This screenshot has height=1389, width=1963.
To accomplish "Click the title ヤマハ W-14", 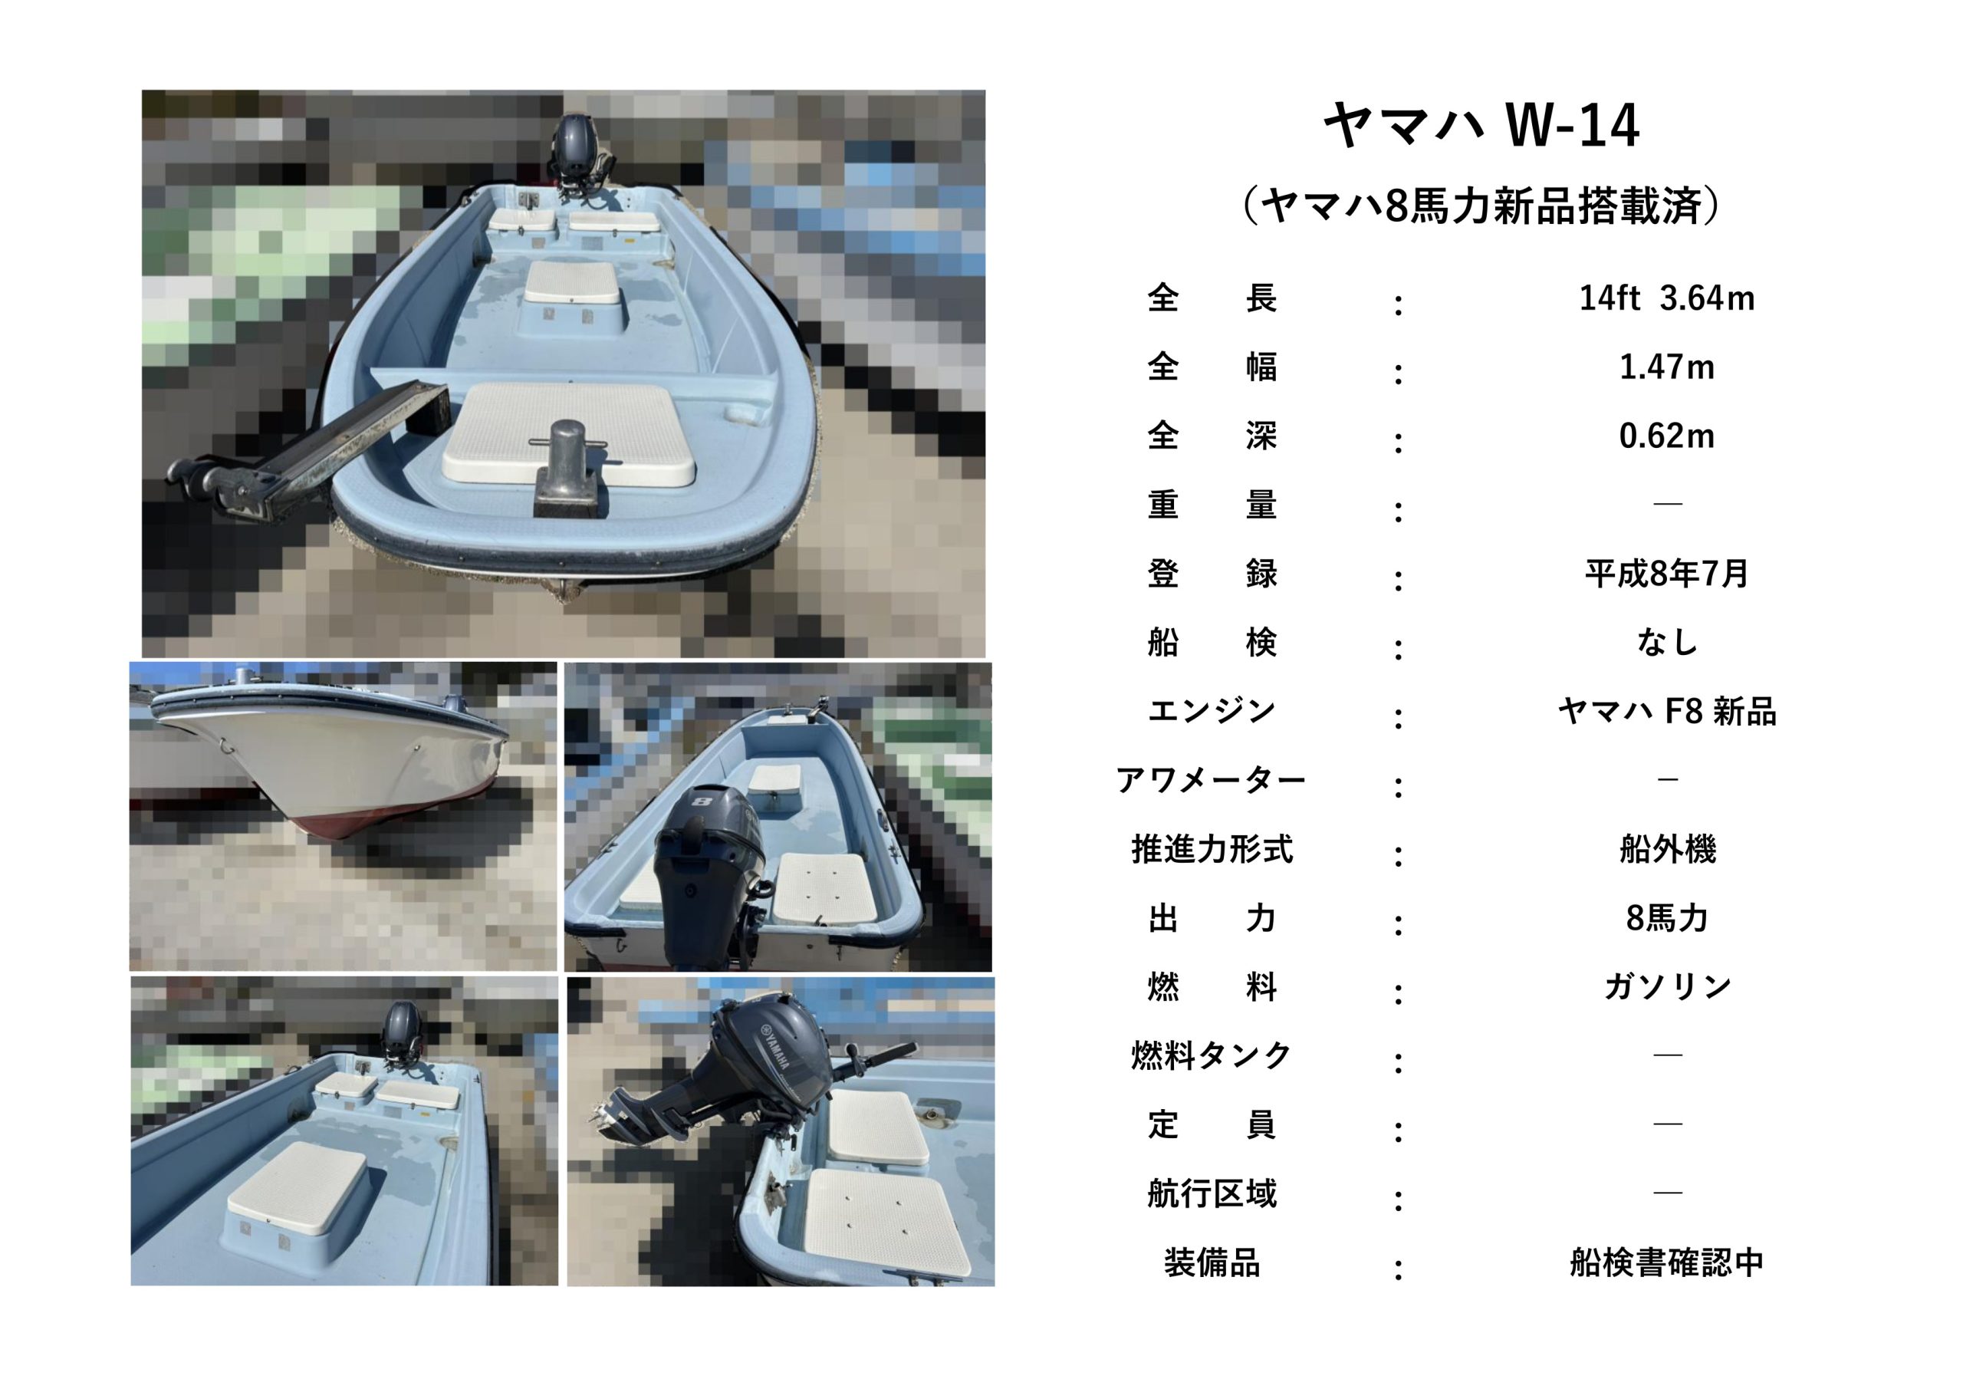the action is (1481, 126).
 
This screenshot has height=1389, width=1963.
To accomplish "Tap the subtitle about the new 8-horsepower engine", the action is (1481, 206).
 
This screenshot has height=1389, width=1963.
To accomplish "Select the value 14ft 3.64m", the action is (1666, 298).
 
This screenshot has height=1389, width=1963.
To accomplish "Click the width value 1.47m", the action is (1666, 367).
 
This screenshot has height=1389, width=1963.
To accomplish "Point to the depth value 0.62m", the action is (1666, 436).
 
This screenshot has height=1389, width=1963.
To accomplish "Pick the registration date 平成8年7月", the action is (1666, 573).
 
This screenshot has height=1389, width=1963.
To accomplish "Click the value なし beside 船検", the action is (1666, 642).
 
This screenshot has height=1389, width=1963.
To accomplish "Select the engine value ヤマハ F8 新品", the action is (1666, 712).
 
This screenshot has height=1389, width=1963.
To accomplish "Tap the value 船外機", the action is (1667, 849).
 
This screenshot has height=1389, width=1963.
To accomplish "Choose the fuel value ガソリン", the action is (1667, 987).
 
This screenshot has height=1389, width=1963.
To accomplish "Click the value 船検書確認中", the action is (1667, 1262).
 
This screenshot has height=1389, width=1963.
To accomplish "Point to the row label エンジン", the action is (1212, 711).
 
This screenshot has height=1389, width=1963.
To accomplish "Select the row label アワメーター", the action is (1212, 780).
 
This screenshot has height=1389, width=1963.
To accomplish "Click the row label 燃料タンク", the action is (1212, 1056).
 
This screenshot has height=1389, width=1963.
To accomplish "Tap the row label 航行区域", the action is (1212, 1193).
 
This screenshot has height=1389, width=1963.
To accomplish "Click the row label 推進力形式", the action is (1212, 849).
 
